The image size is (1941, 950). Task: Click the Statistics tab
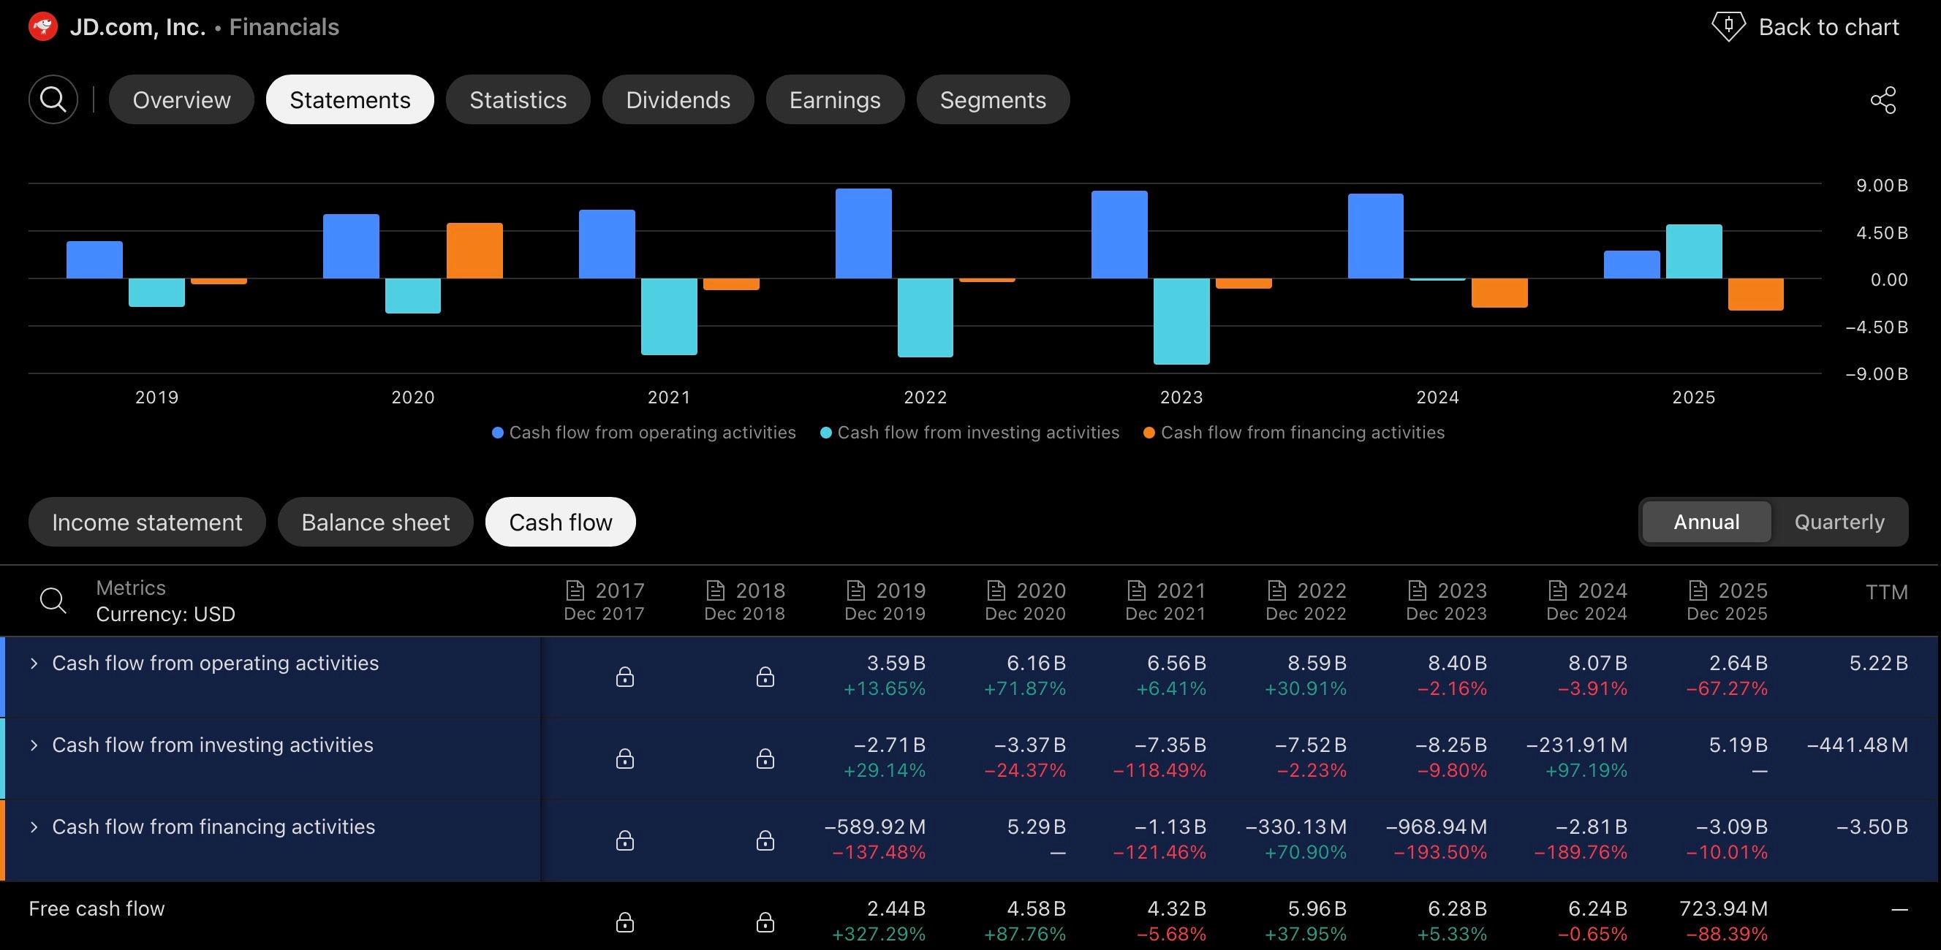coord(518,99)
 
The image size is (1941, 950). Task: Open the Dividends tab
coord(678,99)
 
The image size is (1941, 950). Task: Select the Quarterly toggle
coord(1839,521)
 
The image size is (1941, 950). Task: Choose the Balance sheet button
coord(375,521)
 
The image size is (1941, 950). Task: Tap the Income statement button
coord(147,521)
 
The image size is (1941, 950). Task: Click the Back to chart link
coord(1805,27)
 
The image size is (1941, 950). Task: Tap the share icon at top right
coord(1883,99)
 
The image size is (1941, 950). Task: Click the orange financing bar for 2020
coord(474,251)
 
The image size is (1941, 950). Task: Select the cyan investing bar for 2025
coord(1694,251)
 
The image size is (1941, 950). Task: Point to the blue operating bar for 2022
coord(863,234)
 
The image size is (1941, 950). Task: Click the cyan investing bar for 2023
coord(1181,322)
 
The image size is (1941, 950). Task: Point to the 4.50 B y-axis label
coord(1882,233)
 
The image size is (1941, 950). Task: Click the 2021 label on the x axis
coord(669,397)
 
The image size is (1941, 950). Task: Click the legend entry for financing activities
coord(1294,433)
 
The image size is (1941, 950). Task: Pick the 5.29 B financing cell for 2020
coord(1036,826)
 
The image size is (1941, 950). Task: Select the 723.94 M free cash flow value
coord(1723,908)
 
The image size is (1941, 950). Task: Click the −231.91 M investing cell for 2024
coord(1576,745)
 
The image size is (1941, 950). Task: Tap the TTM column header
coord(1887,592)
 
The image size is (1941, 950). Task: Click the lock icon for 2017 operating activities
coord(624,677)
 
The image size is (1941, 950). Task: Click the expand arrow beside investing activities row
coord(34,745)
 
